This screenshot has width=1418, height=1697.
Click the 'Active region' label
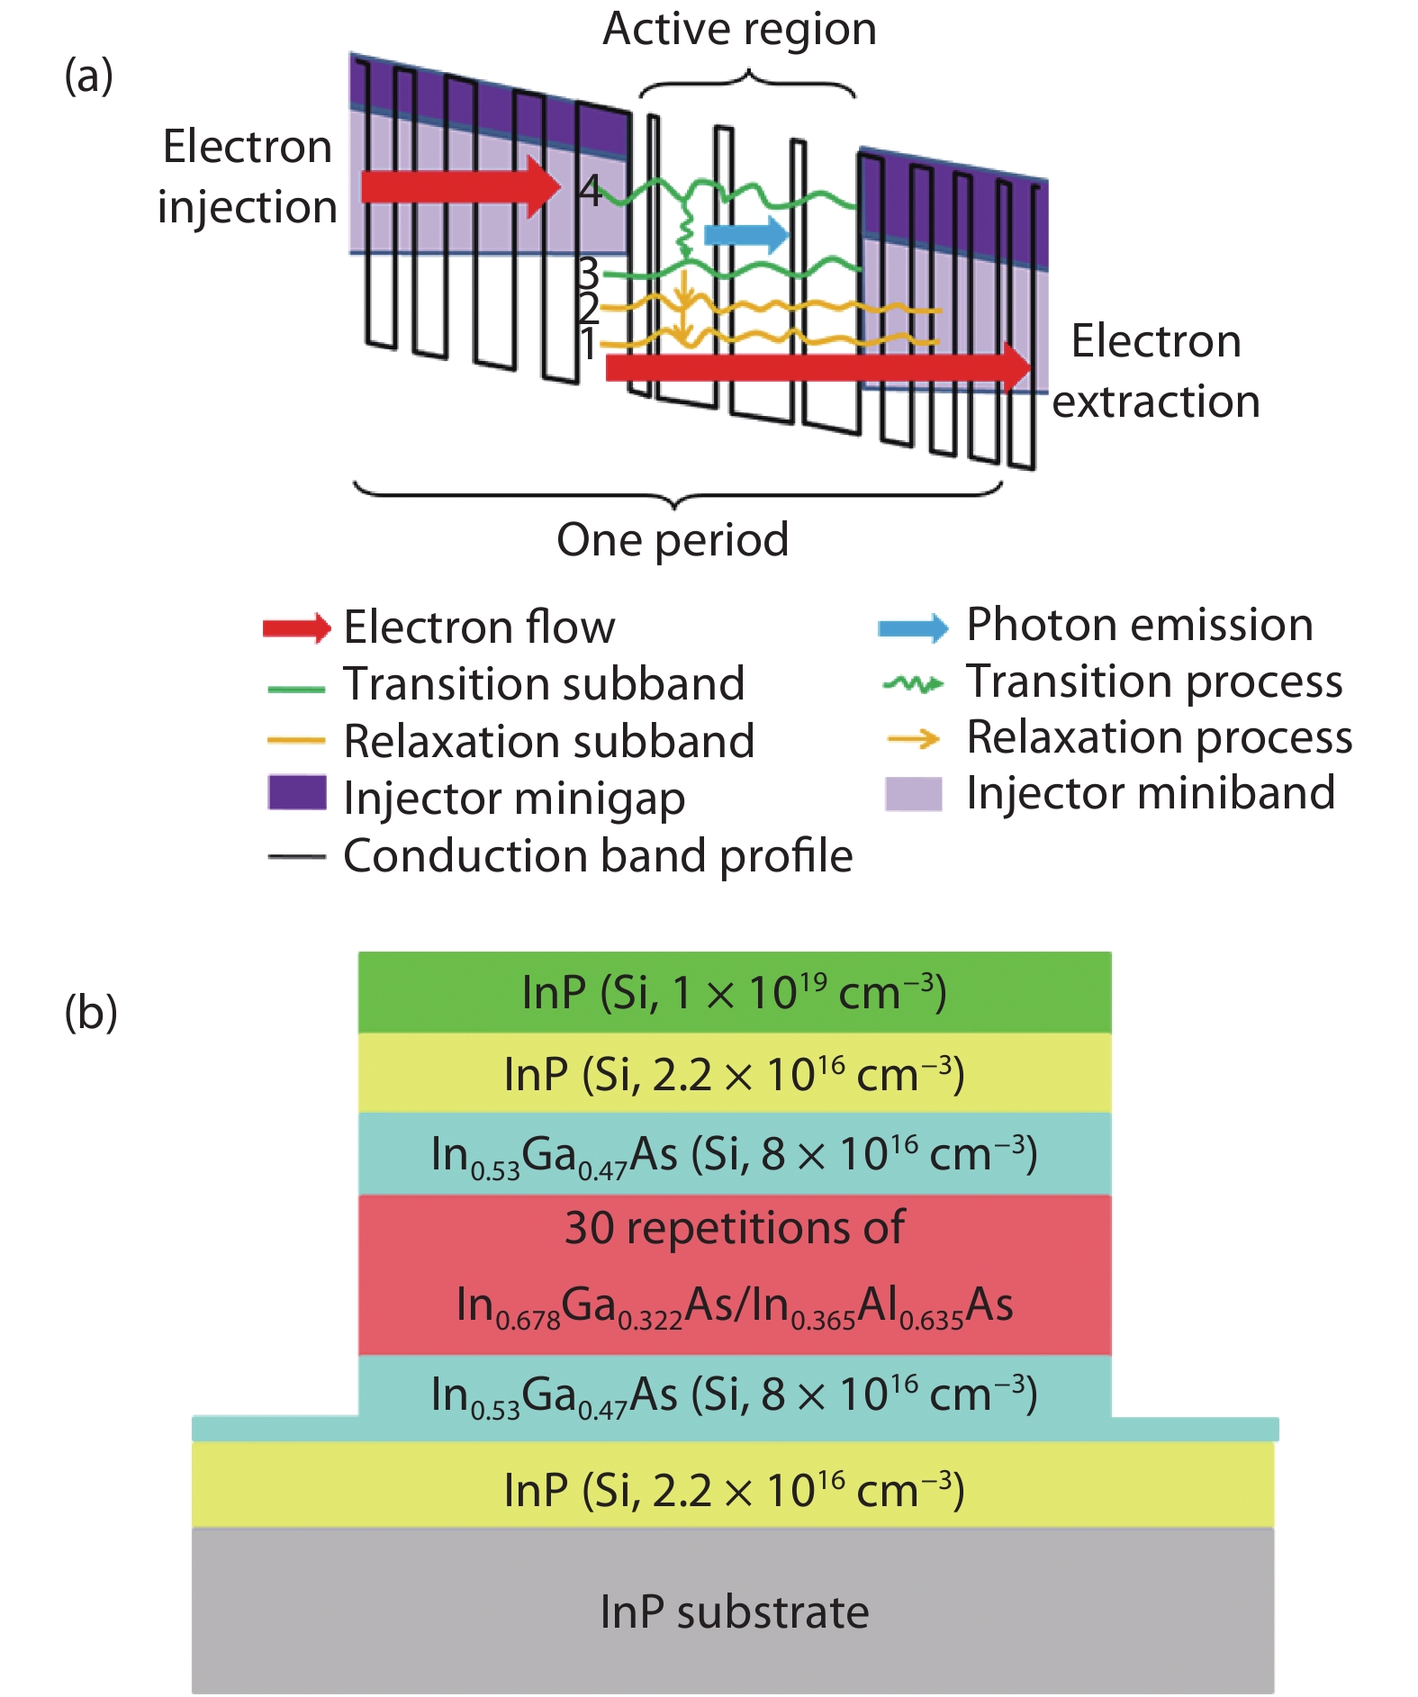tap(739, 29)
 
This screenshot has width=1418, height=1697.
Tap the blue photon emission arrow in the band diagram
tap(745, 235)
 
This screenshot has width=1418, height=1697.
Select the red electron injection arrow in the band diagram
tap(459, 186)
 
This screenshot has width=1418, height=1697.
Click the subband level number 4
tap(590, 190)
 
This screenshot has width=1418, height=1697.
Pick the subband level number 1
tap(587, 344)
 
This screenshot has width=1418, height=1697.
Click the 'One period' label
tap(673, 539)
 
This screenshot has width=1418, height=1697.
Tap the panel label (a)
tap(88, 76)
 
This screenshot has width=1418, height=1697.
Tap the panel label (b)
tap(91, 1012)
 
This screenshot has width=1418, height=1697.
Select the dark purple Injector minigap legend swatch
tap(297, 792)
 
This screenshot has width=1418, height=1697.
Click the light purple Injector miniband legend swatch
tap(913, 794)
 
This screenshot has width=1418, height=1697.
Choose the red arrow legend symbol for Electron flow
tap(296, 627)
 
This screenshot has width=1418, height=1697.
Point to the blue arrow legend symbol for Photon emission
tap(913, 627)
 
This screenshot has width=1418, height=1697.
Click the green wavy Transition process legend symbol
tap(913, 684)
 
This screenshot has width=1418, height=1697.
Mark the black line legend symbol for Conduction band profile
tap(296, 856)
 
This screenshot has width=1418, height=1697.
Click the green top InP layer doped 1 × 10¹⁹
tap(735, 992)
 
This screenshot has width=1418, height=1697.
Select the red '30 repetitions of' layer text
tap(735, 1228)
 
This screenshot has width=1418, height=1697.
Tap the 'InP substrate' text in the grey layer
tap(735, 1611)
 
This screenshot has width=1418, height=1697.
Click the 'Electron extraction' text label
tap(1156, 371)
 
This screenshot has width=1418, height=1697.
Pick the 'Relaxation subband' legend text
tap(549, 741)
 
